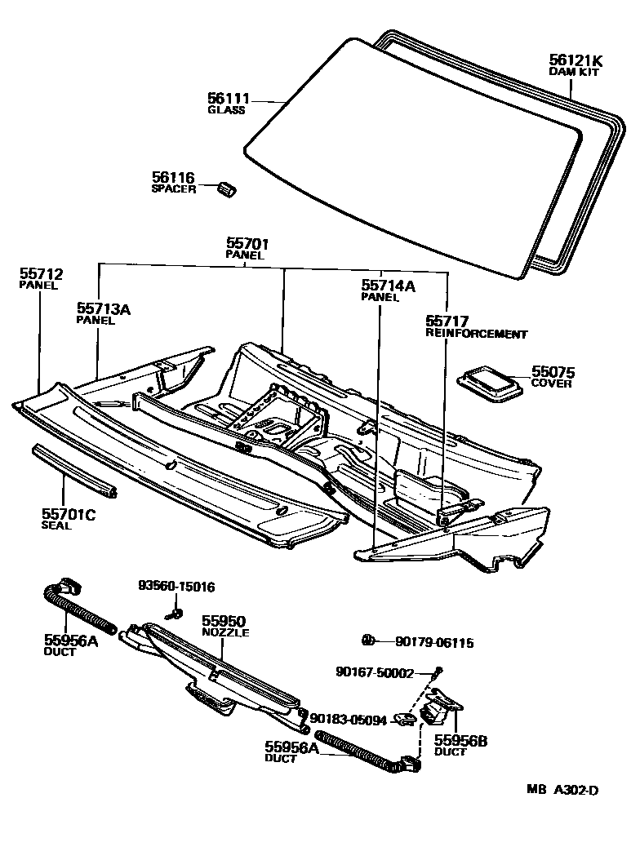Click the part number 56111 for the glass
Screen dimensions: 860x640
228,99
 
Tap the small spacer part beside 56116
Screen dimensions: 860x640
227,188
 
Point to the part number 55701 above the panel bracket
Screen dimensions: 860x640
247,243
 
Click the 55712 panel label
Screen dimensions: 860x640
41,274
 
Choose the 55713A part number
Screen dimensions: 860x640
104,308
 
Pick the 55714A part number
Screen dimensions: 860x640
388,286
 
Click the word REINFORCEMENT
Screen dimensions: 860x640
476,334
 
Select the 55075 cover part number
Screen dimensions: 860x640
553,371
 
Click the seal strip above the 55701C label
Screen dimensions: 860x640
73,471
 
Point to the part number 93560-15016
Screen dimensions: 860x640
176,586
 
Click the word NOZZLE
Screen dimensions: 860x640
225,632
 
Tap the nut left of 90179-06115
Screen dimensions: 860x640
368,638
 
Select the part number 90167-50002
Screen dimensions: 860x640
375,672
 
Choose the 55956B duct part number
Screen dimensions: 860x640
460,740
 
